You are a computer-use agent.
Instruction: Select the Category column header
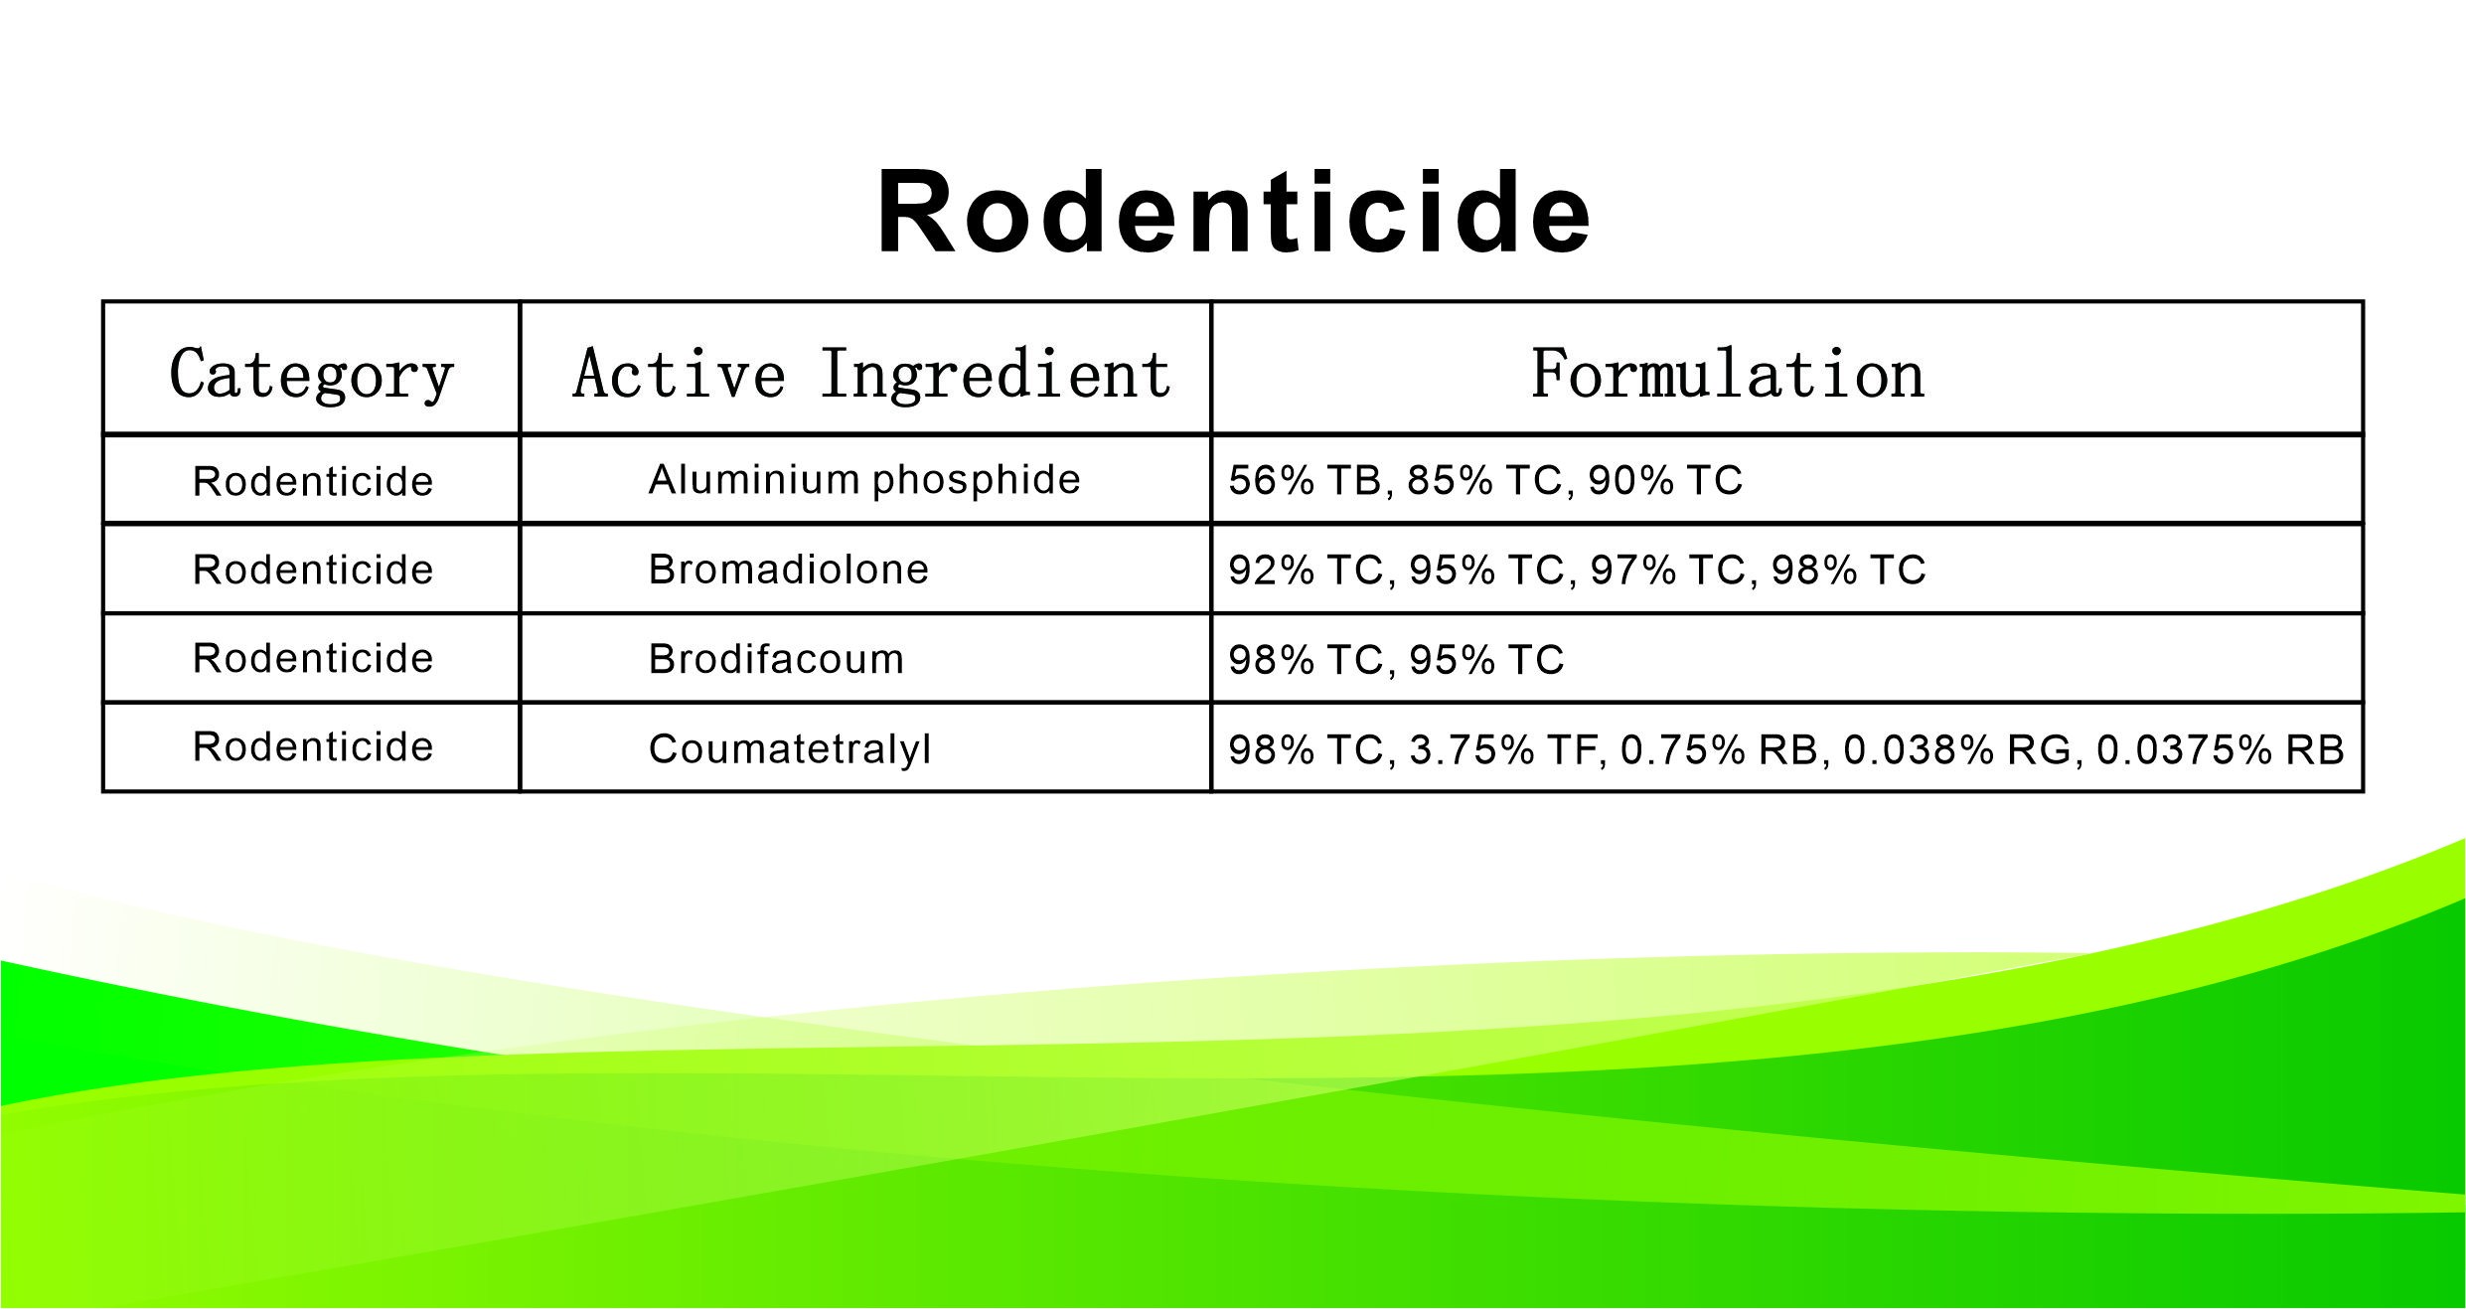[x=311, y=374]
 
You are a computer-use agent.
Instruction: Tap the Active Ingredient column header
[x=871, y=374]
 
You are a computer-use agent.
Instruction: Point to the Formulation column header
[x=1727, y=374]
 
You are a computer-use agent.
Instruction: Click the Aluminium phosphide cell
[x=863, y=480]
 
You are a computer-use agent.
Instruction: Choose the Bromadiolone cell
[x=788, y=570]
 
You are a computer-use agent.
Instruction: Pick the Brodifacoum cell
[x=776, y=659]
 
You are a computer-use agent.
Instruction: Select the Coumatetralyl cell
[x=790, y=748]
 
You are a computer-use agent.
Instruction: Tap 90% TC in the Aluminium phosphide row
[x=1665, y=481]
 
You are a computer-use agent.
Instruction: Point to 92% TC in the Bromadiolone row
[x=1306, y=571]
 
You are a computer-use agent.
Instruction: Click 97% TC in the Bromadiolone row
[x=1667, y=571]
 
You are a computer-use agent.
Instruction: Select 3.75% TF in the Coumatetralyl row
[x=1503, y=749]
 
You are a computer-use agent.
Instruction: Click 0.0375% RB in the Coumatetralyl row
[x=2220, y=749]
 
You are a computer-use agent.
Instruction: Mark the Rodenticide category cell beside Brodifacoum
[x=313, y=659]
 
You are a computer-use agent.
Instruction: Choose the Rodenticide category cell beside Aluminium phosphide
[x=313, y=482]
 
